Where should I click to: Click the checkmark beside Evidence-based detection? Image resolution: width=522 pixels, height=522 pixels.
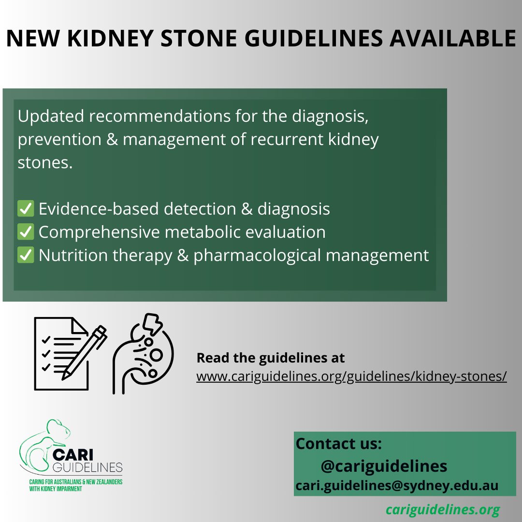pyautogui.click(x=26, y=209)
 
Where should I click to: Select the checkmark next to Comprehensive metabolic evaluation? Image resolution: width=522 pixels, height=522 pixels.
pyautogui.click(x=26, y=232)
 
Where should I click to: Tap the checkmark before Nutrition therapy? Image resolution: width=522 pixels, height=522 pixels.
pyautogui.click(x=26, y=255)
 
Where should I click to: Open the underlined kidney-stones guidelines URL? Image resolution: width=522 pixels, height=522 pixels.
pyautogui.click(x=351, y=377)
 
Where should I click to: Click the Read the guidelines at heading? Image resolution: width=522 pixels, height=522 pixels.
pyautogui.click(x=270, y=358)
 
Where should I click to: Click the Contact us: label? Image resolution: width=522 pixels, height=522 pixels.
pyautogui.click(x=338, y=444)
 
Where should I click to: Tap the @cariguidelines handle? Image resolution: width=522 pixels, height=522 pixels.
pyautogui.click(x=383, y=466)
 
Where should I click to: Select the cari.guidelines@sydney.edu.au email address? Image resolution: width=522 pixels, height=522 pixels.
pyautogui.click(x=397, y=485)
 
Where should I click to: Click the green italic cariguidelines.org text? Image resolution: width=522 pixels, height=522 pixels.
pyautogui.click(x=442, y=509)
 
